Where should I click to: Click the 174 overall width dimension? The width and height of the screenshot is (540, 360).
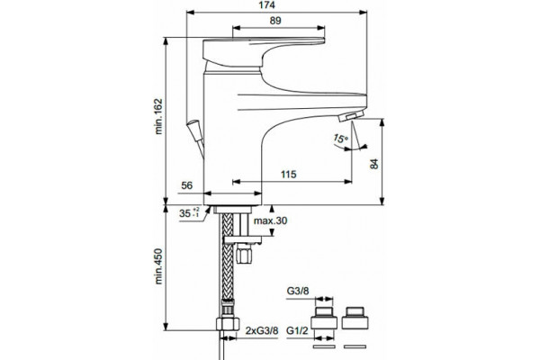[267, 4]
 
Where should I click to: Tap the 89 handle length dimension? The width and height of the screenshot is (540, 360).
[275, 21]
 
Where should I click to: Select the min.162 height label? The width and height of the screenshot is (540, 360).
[158, 116]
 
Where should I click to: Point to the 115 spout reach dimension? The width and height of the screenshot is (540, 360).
[288, 175]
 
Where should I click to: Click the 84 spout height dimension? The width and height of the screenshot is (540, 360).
[374, 164]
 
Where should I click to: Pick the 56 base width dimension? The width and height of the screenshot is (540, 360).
[186, 185]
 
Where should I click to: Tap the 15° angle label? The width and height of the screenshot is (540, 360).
[340, 139]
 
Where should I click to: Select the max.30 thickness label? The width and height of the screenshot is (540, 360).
[270, 220]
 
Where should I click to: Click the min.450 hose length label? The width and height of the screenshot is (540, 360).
[158, 266]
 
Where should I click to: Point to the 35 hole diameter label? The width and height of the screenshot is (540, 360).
[189, 213]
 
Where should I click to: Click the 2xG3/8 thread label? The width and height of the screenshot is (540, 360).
[262, 330]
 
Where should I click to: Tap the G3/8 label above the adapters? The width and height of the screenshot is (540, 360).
[298, 291]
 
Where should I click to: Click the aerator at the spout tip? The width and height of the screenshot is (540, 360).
[351, 116]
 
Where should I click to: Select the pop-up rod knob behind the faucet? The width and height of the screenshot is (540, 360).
[193, 130]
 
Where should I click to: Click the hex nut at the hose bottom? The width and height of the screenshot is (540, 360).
[228, 324]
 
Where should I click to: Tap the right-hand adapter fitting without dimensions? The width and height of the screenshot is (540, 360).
[355, 318]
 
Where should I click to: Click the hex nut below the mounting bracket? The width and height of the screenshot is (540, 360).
[245, 255]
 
